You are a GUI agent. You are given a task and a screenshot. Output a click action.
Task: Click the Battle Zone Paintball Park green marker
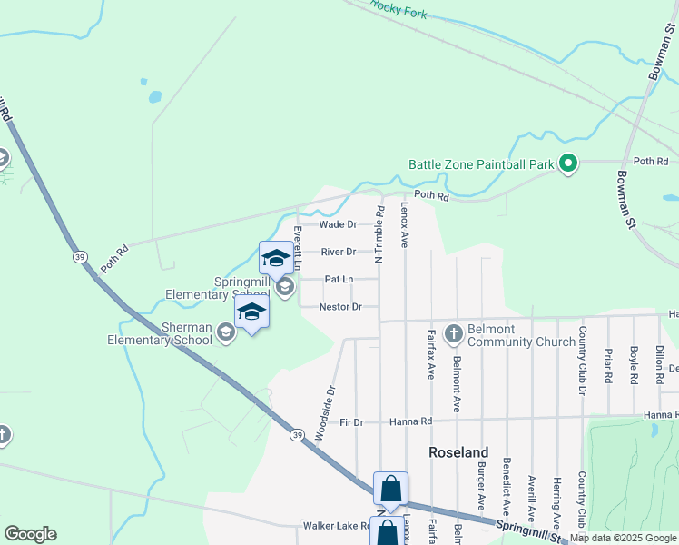568,164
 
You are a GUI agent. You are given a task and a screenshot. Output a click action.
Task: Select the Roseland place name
458,452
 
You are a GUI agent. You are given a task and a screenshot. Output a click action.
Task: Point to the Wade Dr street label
338,224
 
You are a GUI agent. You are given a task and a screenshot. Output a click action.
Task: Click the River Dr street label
338,252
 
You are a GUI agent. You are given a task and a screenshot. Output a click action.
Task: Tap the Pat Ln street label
338,280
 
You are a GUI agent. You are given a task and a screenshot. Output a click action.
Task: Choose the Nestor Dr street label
340,307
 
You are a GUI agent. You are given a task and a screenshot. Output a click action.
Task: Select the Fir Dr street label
351,422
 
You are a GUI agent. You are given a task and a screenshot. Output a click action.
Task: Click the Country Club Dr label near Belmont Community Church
582,361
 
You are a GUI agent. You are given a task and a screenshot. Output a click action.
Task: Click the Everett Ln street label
297,248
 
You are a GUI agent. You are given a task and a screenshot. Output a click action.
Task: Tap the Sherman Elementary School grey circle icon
226,333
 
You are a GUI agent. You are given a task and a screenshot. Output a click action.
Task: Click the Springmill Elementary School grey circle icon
284,288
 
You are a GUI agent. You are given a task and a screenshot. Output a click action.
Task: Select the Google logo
30,534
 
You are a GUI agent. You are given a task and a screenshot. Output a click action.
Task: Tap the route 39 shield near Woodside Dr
297,436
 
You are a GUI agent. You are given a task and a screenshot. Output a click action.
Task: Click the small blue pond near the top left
155,95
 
